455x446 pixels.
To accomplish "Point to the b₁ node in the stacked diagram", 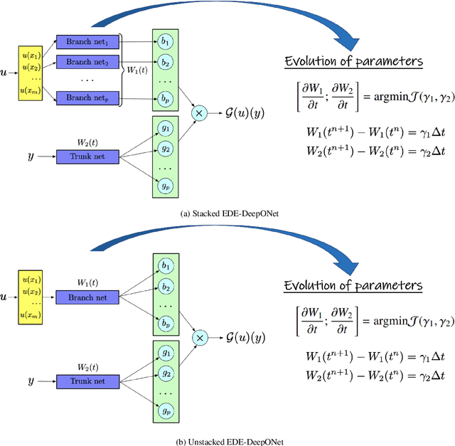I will click(166, 42).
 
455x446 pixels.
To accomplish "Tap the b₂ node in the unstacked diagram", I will click(166, 287).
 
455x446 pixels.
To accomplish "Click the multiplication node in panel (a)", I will click(200, 112).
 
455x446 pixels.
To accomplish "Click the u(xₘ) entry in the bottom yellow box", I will click(30, 314).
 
